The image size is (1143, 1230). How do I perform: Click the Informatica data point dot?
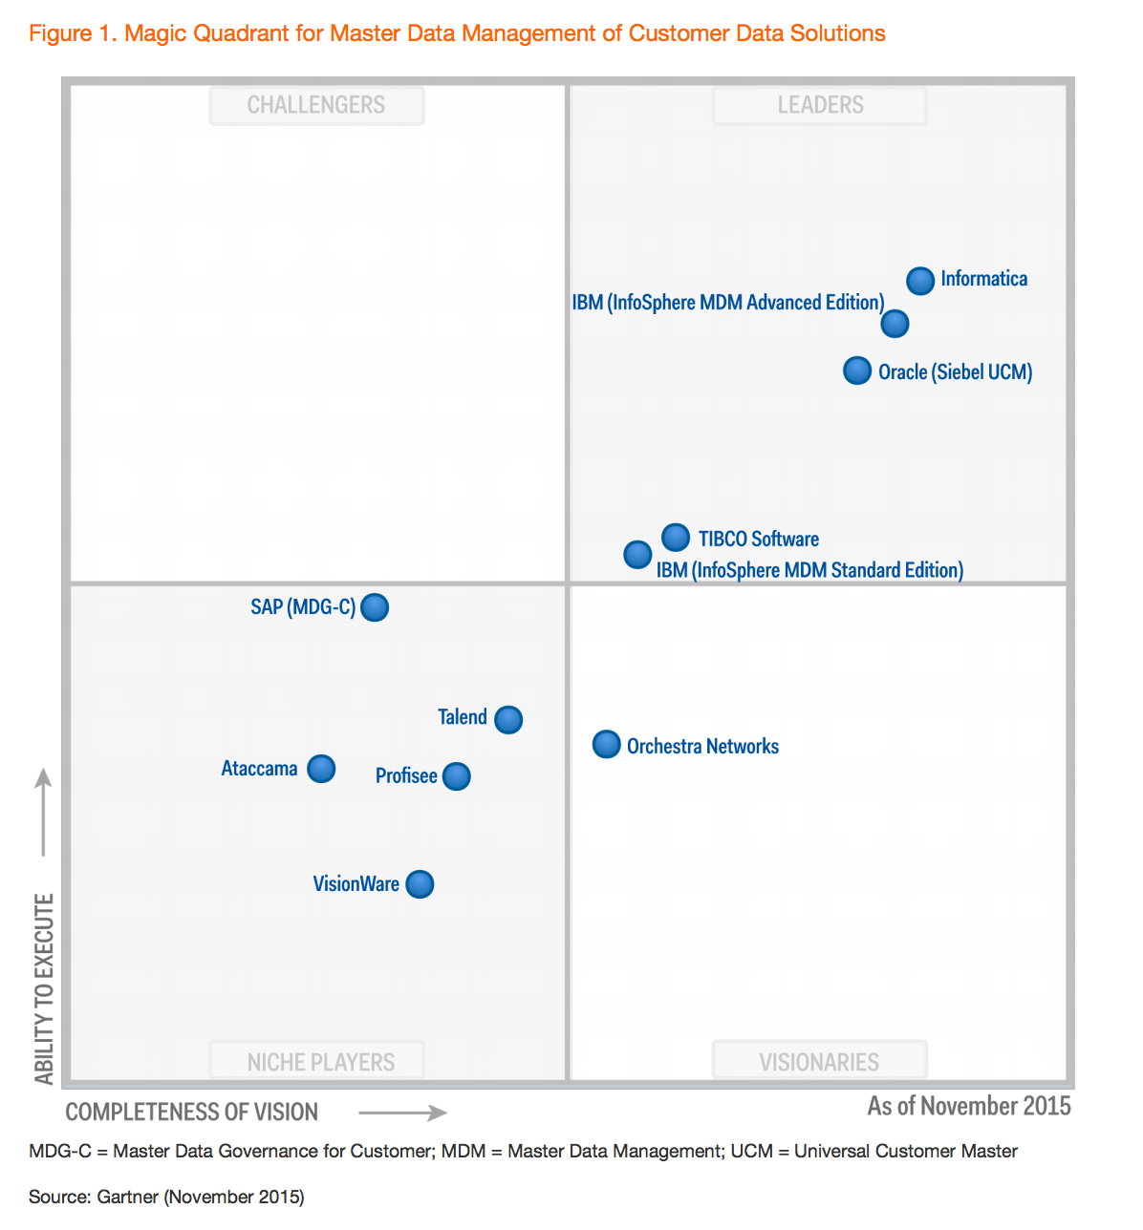click(919, 281)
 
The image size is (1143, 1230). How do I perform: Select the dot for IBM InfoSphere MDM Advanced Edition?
click(895, 324)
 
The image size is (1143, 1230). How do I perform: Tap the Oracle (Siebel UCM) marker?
click(857, 371)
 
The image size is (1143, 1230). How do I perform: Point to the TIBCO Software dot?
click(676, 538)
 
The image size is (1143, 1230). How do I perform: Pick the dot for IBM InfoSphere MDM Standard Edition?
click(637, 554)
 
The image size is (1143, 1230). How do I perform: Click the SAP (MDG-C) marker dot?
click(375, 607)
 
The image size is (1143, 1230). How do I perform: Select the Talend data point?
click(508, 719)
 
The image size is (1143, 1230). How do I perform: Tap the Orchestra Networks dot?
click(607, 744)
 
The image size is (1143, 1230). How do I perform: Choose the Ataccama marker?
click(321, 769)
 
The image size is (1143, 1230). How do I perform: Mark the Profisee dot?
click(457, 776)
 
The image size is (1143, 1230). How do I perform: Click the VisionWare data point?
click(420, 884)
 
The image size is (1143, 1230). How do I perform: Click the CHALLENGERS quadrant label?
click(316, 105)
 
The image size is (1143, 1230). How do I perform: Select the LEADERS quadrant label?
click(820, 105)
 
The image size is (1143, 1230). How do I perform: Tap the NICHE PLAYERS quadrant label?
click(320, 1062)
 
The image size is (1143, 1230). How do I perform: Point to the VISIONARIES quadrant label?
click(819, 1062)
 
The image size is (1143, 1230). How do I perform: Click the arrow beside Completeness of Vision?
click(402, 1113)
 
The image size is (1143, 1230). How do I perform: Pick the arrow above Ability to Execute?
click(43, 812)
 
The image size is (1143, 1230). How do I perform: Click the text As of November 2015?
click(969, 1106)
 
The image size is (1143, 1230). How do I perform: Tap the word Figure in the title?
click(60, 33)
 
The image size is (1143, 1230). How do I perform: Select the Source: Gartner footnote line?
click(166, 1197)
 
